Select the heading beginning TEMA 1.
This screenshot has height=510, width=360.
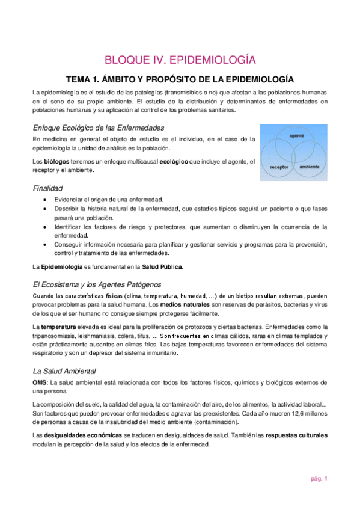point(180,79)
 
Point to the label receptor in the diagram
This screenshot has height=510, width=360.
point(279,167)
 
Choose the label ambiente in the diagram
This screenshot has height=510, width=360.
point(309,167)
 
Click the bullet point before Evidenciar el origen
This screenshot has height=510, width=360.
point(46,199)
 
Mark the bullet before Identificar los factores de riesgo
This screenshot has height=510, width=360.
point(46,227)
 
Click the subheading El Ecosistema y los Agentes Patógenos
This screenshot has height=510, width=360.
point(97,284)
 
